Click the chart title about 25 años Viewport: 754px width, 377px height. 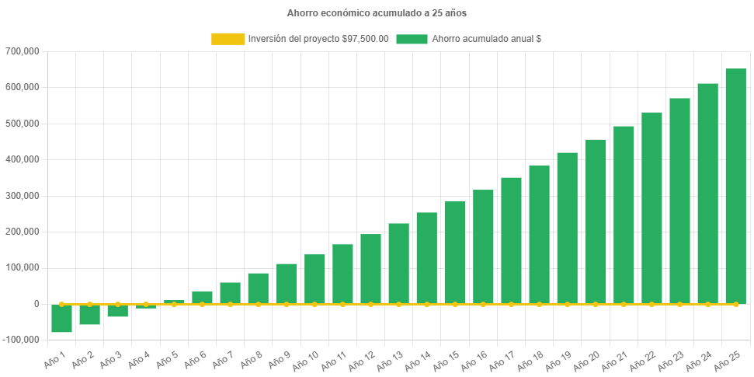pos(377,13)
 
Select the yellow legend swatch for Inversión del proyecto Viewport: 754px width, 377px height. pos(227,39)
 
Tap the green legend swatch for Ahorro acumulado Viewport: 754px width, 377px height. pos(412,39)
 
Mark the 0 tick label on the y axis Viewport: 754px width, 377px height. pos(36,304)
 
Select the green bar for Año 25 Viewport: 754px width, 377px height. pos(735,187)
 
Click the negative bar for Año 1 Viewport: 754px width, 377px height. pos(62,318)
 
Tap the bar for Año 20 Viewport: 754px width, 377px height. pos(595,222)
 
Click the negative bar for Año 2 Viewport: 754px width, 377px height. pos(90,314)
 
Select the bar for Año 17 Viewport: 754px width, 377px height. pos(511,240)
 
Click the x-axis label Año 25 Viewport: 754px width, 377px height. pos(731,359)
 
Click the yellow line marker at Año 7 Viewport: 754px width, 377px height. pos(230,304)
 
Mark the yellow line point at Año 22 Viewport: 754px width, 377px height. pos(651,304)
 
